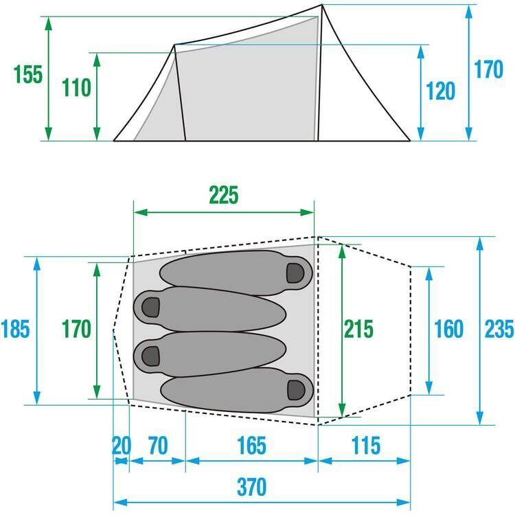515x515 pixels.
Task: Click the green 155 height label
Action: [x=28, y=75]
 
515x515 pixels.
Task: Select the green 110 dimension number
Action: [x=76, y=88]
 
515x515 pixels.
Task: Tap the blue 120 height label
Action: [x=440, y=91]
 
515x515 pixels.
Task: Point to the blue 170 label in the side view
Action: [x=488, y=69]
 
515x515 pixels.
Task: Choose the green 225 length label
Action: [x=224, y=196]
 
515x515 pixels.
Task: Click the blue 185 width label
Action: [x=15, y=329]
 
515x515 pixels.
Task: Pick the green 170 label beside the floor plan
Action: [x=76, y=329]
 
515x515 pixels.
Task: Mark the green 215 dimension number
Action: [x=358, y=329]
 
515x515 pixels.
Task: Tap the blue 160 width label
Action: [x=448, y=329]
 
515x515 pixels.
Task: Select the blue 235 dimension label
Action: [x=500, y=329]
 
